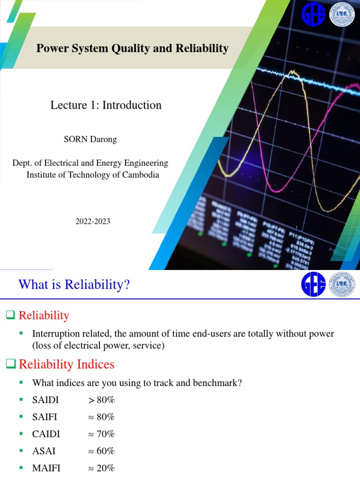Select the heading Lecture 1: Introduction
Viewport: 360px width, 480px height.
[x=106, y=105]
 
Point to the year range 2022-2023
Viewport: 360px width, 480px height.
[x=93, y=222]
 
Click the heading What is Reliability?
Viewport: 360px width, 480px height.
[x=74, y=285]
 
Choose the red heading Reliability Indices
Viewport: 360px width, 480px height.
[x=66, y=364]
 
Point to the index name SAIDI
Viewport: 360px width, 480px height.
[x=45, y=400]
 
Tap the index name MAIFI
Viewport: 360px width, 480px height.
[x=46, y=468]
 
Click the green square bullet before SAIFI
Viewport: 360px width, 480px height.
[x=21, y=417]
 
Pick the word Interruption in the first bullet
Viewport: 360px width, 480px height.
[x=54, y=334]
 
